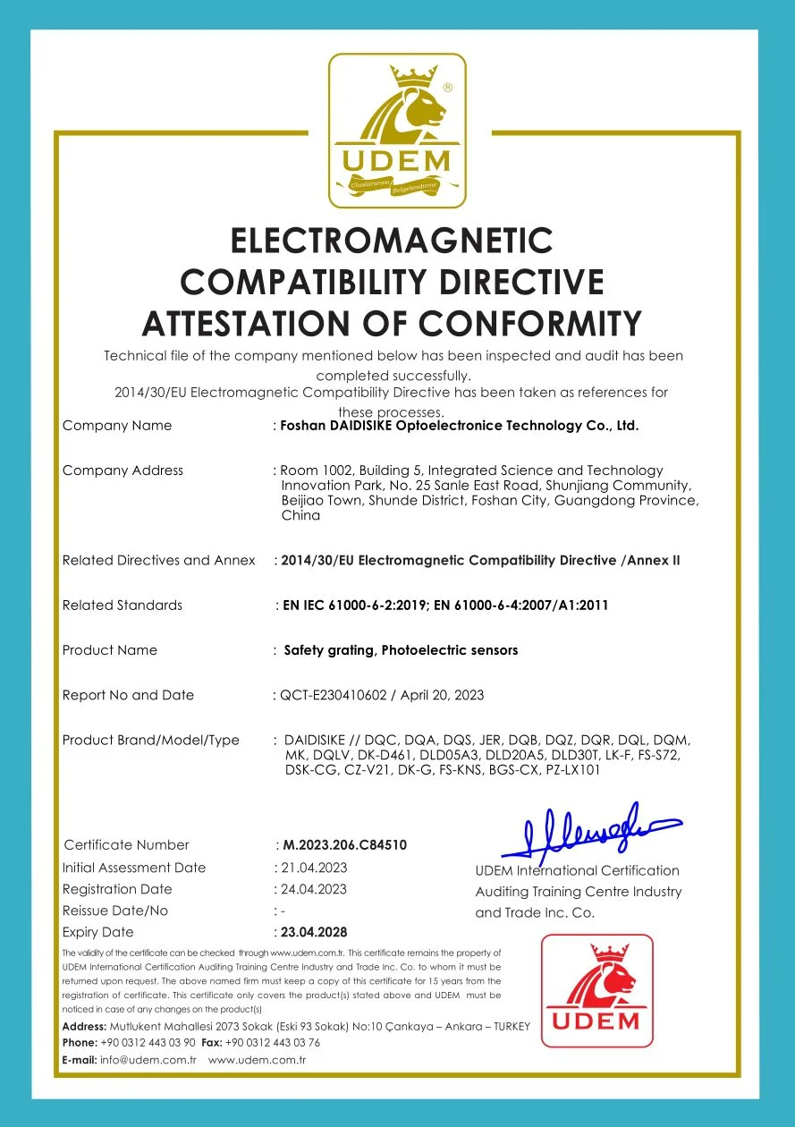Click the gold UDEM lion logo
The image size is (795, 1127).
(x=397, y=130)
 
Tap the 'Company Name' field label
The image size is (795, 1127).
(x=117, y=426)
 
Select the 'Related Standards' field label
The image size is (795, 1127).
(x=123, y=606)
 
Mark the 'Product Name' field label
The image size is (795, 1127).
(x=110, y=650)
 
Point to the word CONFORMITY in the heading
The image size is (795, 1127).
(x=531, y=323)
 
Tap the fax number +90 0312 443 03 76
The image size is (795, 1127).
(x=273, y=1043)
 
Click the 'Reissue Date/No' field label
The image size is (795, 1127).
(x=115, y=911)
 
